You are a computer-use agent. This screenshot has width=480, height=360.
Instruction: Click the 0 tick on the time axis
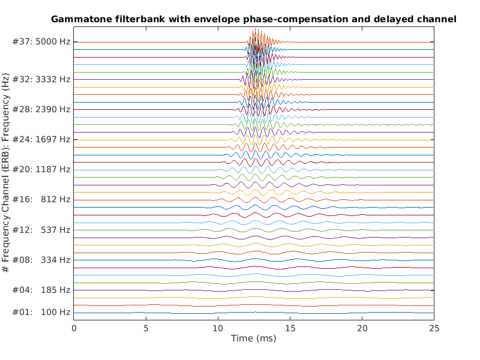[74, 328]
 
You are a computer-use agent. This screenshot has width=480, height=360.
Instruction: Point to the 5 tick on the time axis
[146, 328]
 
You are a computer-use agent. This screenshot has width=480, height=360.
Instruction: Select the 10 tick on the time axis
[218, 328]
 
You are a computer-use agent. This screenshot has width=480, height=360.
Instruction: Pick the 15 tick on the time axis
[290, 328]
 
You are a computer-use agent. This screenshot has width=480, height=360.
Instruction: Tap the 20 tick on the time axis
[362, 328]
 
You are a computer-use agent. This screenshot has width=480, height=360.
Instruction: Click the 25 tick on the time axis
[434, 328]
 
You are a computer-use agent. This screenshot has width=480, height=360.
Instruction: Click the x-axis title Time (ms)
[254, 339]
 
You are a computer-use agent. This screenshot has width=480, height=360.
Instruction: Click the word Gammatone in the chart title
[79, 19]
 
